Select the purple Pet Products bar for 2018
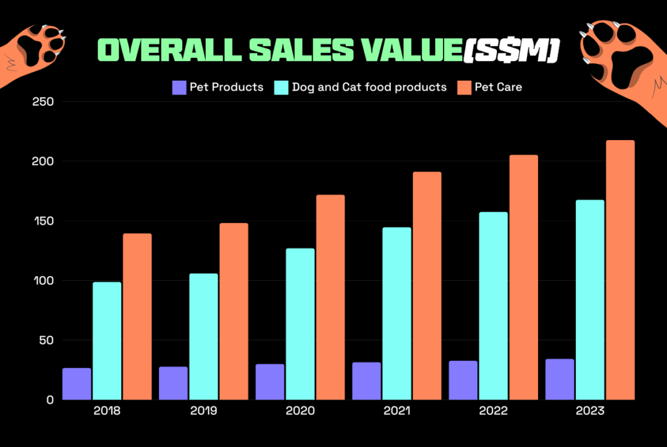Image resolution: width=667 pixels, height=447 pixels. point(77,384)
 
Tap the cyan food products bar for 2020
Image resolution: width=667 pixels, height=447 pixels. point(300,324)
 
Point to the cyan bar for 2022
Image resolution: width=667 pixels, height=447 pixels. point(492,306)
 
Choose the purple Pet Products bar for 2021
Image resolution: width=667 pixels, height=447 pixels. point(366,381)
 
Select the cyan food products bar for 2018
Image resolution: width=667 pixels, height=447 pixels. point(107,341)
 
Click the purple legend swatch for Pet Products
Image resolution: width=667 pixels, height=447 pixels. point(179,87)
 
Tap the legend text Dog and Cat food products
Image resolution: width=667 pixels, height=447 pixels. point(369,87)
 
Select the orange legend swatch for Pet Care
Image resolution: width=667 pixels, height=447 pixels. point(464,87)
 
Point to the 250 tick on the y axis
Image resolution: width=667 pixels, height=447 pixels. point(42,102)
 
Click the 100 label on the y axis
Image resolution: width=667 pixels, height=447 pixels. point(42,281)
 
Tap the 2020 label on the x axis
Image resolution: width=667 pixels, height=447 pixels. point(300,412)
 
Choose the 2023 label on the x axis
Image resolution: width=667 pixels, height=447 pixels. point(589,412)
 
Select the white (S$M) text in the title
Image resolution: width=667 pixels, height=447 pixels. point(510,51)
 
